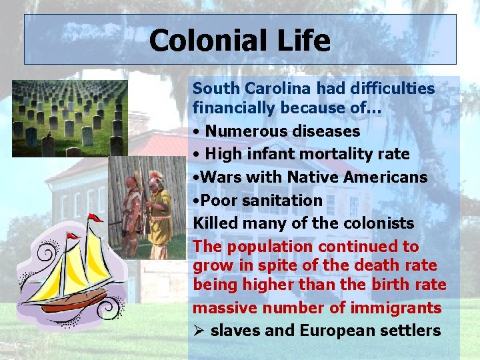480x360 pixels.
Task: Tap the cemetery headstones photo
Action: [70, 118]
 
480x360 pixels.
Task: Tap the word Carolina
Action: [281, 89]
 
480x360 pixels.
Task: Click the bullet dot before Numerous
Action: [196, 132]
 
